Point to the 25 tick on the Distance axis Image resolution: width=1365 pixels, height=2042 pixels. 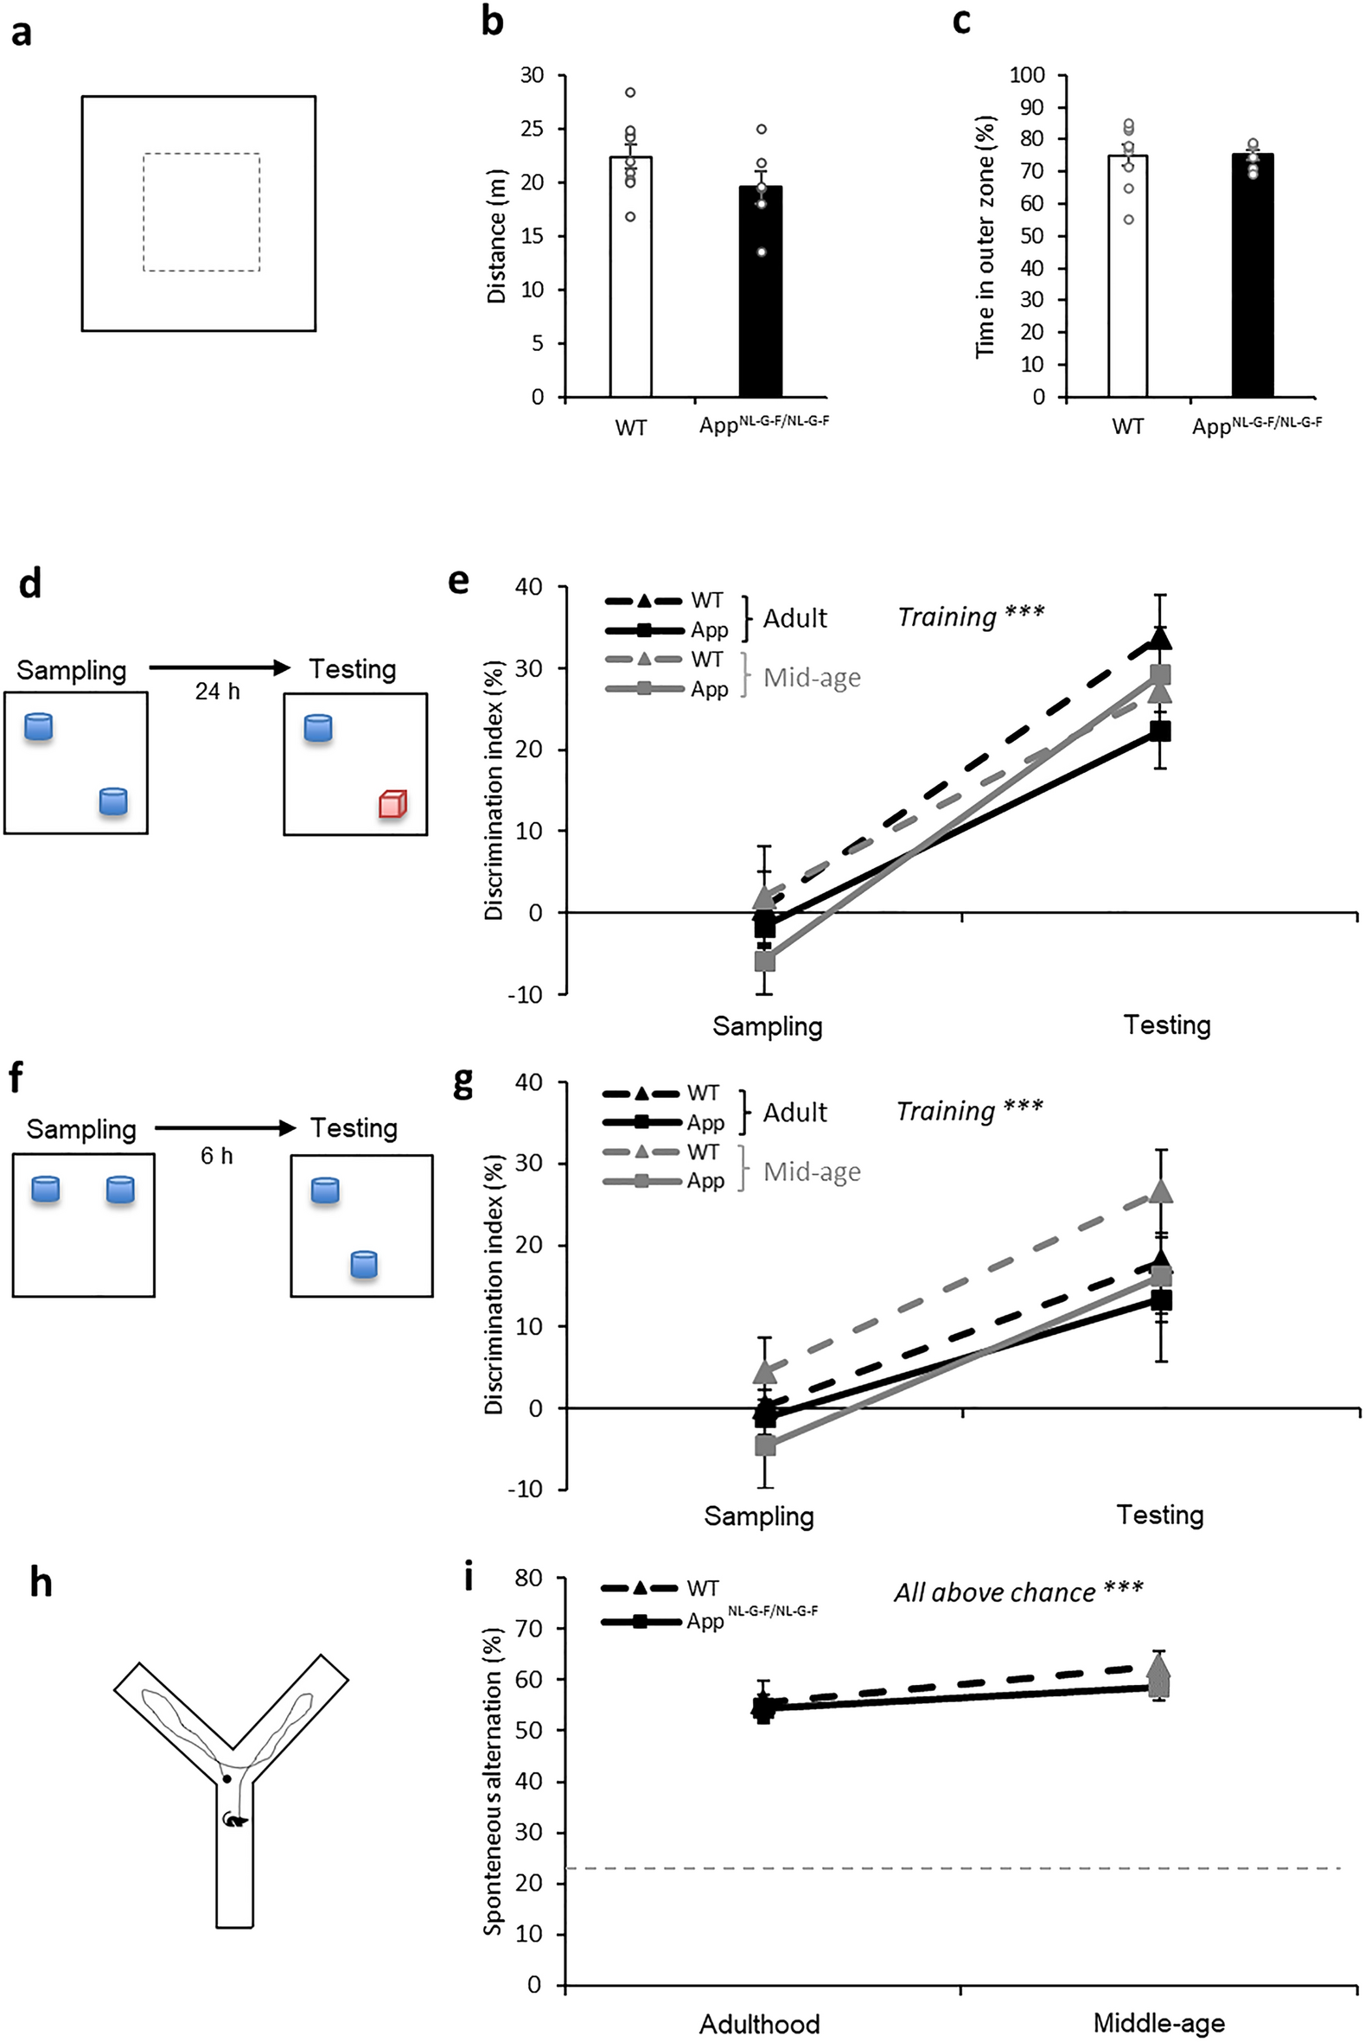[532, 129]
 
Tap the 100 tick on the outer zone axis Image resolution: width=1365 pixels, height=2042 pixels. [1026, 75]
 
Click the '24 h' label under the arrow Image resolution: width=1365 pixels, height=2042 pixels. [217, 691]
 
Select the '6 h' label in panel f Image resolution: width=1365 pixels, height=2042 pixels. [217, 1156]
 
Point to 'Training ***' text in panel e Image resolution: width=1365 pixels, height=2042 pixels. [970, 616]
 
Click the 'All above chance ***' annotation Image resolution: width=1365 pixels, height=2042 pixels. [1017, 1592]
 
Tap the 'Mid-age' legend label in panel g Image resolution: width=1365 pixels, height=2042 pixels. [812, 1171]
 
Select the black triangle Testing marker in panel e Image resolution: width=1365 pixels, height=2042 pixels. [1159, 639]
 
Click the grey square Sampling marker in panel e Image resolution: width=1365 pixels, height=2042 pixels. [764, 961]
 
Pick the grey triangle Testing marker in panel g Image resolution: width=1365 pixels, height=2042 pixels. [1160, 1192]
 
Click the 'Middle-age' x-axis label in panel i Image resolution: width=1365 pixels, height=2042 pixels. [1158, 2024]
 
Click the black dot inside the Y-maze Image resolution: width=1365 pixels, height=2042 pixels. [226, 1779]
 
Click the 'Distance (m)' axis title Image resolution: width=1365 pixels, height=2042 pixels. [496, 235]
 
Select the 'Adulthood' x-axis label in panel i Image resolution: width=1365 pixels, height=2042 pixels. [759, 2024]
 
